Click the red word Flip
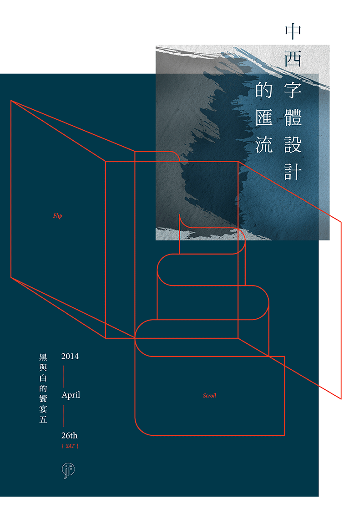coord(57,216)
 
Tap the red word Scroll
coord(210,396)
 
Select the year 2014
coord(70,357)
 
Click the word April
coord(71,395)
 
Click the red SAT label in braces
coord(70,446)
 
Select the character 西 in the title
coord(293,60)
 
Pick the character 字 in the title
coord(293,91)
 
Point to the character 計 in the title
coord(293,172)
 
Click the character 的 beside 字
coord(264,91)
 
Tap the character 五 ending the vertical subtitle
coord(43,420)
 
